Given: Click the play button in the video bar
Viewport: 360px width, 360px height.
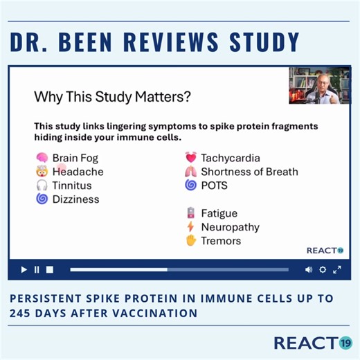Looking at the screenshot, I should tap(24, 269).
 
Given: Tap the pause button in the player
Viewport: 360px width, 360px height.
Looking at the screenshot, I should tap(37, 269).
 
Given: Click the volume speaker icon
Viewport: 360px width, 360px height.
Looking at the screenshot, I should tap(308, 269).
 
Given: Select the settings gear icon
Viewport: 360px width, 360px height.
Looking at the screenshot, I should tap(323, 269).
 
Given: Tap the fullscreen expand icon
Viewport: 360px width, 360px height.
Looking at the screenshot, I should tap(337, 269).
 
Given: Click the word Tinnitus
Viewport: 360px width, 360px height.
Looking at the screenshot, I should tap(72, 186).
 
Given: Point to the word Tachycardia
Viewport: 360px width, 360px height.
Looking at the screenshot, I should tap(231, 158).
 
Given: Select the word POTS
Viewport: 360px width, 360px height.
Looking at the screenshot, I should tap(215, 186).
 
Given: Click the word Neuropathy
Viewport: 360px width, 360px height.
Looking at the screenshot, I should tap(231, 227).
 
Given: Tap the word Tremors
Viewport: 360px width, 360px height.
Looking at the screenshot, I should tap(221, 241).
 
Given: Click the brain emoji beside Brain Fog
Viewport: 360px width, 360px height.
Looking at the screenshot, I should tap(42, 158).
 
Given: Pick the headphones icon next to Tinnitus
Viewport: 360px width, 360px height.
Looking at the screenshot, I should tap(42, 186).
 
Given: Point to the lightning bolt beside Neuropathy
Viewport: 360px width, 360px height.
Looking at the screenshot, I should tap(190, 227).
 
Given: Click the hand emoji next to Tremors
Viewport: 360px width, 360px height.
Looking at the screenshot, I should tap(190, 241).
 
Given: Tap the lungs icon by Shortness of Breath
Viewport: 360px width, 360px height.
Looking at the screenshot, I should tap(190, 172).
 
